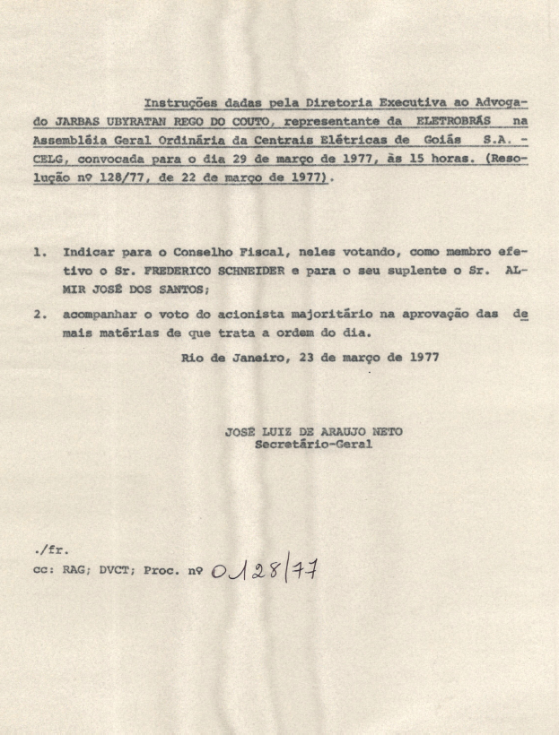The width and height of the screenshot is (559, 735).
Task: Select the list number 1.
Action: click(39, 253)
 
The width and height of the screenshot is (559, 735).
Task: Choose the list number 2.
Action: click(39, 315)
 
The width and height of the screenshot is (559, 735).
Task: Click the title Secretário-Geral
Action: click(313, 444)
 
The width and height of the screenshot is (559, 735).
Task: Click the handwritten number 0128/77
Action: click(266, 570)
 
